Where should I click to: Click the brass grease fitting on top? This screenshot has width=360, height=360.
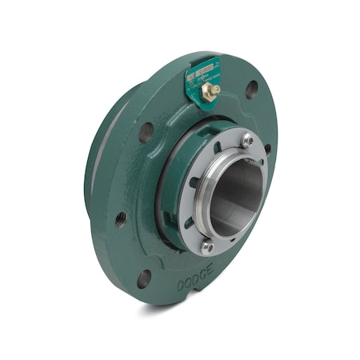click(x=210, y=91)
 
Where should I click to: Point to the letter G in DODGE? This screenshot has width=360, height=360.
click(x=202, y=278)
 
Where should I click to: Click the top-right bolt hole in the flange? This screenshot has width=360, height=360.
click(x=251, y=89)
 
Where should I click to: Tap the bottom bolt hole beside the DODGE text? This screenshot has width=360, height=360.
click(x=144, y=278)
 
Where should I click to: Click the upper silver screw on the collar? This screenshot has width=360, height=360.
click(x=247, y=140)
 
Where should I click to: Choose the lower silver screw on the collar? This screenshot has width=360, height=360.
click(x=207, y=246)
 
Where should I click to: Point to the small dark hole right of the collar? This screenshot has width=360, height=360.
click(x=267, y=148)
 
